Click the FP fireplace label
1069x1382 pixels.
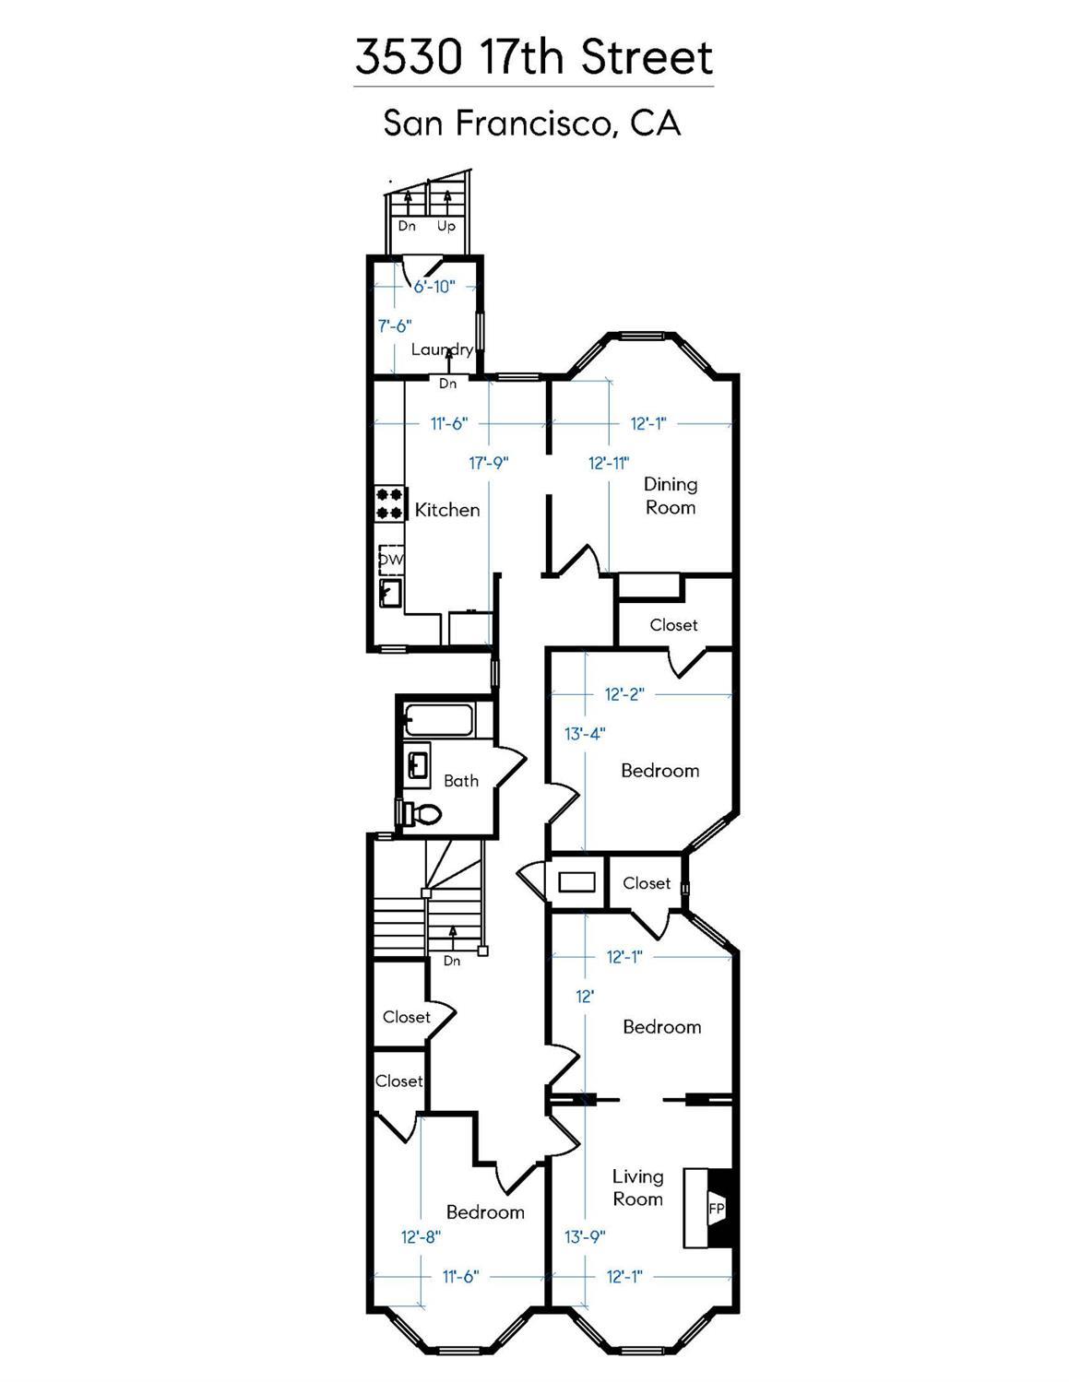717,1209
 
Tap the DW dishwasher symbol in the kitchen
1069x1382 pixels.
391,560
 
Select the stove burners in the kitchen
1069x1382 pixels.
389,503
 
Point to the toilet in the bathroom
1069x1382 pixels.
420,812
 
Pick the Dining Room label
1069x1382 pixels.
670,495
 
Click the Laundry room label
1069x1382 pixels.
442,349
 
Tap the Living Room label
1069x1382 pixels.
637,1187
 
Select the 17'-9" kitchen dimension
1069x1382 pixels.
489,463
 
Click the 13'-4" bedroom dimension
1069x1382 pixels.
585,734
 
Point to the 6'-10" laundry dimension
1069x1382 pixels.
434,287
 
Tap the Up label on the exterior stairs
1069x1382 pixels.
446,226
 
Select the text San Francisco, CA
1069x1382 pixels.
532,123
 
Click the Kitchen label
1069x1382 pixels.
447,510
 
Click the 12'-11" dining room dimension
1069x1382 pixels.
609,463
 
